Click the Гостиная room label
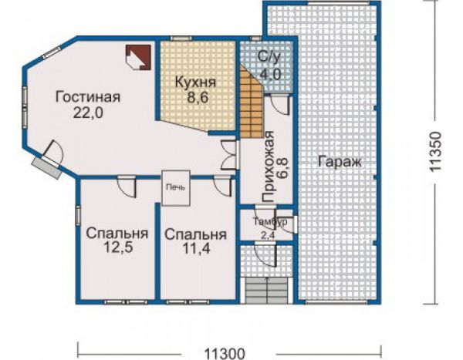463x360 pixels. click(x=88, y=97)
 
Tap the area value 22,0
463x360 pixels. click(x=88, y=113)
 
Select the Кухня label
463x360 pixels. click(x=196, y=82)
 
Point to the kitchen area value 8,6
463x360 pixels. click(x=198, y=97)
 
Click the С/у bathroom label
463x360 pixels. click(x=268, y=57)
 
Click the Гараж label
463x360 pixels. click(x=340, y=162)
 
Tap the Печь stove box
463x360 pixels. click(x=176, y=187)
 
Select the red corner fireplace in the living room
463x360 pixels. click(x=138, y=57)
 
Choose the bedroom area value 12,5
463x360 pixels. click(x=118, y=247)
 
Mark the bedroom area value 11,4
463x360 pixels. click(x=196, y=248)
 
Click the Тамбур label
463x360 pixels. click(x=270, y=221)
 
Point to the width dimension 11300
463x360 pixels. click(x=225, y=353)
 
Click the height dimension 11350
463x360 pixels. click(x=435, y=151)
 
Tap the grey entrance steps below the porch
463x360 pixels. click(x=267, y=291)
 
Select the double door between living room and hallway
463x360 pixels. click(x=229, y=155)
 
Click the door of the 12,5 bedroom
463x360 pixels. click(x=127, y=187)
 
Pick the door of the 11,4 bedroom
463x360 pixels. click(x=222, y=186)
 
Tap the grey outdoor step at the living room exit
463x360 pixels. click(x=47, y=167)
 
